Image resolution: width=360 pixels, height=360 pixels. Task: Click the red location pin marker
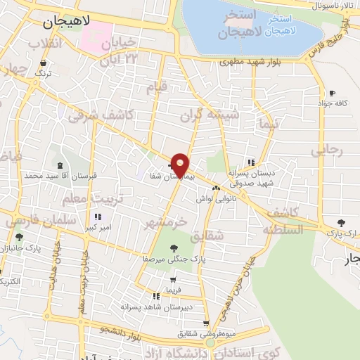click(181, 165)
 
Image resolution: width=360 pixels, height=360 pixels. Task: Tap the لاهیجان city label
click(67, 21)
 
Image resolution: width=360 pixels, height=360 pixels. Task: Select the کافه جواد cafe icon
click(333, 93)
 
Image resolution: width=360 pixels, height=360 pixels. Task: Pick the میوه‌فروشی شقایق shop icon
click(205, 324)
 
